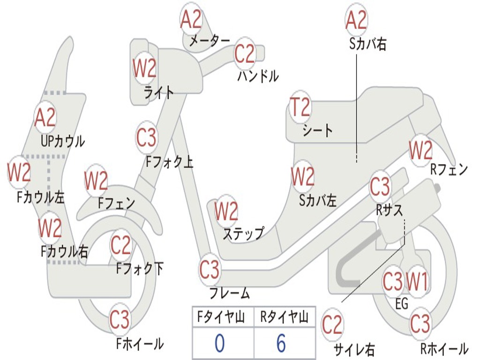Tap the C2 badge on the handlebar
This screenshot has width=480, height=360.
coord(245,54)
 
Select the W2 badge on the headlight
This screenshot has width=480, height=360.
coord(144,69)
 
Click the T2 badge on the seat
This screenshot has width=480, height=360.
coord(300,108)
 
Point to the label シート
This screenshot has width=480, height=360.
coord(317,130)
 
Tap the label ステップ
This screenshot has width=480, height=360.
coord(243,233)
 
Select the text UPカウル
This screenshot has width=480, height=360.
coord(63,141)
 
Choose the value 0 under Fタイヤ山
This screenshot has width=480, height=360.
coord(219,344)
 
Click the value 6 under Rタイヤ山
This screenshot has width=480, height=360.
coord(281,344)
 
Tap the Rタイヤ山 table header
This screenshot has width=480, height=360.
coord(284,318)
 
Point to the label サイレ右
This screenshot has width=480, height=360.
coord(354,349)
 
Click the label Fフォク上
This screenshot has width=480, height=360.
coord(169,162)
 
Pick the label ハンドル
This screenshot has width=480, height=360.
coord(257,75)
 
